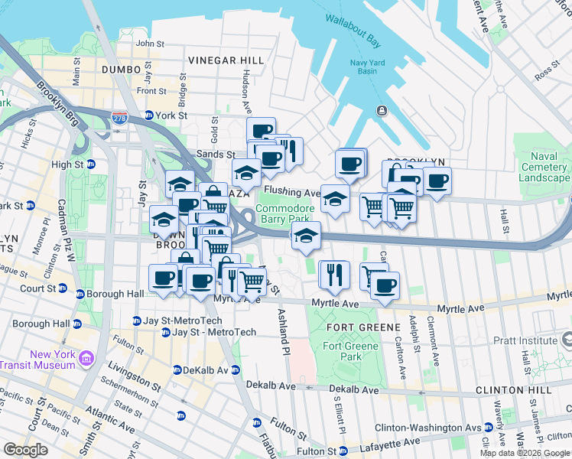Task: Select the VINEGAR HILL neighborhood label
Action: coord(226,60)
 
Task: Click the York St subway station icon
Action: coord(148,116)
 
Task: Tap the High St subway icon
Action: coord(90,164)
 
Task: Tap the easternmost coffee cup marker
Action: coord(437,181)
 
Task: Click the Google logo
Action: coord(25,449)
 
